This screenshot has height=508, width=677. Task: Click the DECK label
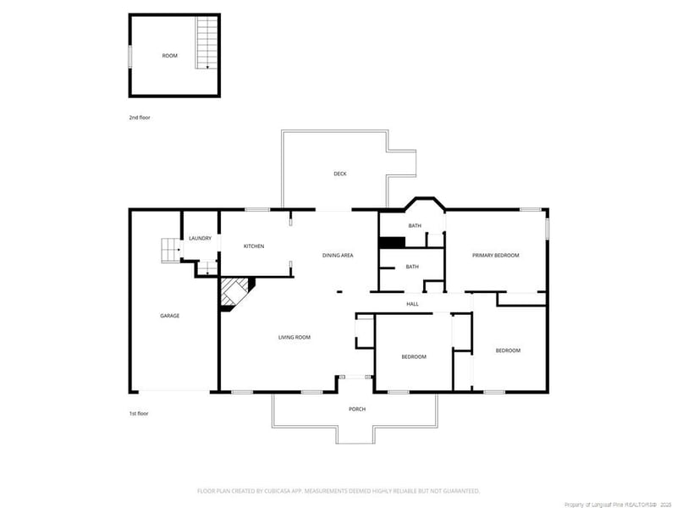click(x=339, y=174)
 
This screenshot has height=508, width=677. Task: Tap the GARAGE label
click(x=169, y=316)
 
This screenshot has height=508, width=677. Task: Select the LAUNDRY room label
click(x=200, y=239)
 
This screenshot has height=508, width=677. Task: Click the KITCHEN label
click(x=254, y=246)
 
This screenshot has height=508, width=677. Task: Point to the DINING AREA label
click(x=338, y=255)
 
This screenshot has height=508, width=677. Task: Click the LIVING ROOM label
click(x=294, y=337)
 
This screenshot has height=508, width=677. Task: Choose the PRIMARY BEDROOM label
click(x=495, y=255)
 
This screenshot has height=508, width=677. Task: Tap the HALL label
click(x=412, y=304)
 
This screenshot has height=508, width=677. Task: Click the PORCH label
click(x=357, y=409)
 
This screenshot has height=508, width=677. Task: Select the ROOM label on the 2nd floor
click(x=170, y=56)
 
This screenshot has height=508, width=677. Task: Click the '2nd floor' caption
click(x=140, y=118)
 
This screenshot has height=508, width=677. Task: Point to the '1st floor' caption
click(x=140, y=413)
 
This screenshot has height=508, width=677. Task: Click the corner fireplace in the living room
click(x=236, y=292)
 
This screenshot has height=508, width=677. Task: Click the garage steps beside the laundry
click(x=171, y=251)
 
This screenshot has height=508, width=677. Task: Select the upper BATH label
click(x=415, y=226)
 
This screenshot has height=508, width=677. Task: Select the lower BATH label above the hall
click(x=412, y=267)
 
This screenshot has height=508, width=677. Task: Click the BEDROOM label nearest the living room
click(x=414, y=356)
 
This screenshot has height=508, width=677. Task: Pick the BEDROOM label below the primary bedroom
click(x=508, y=351)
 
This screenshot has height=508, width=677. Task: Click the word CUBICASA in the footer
click(x=270, y=490)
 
